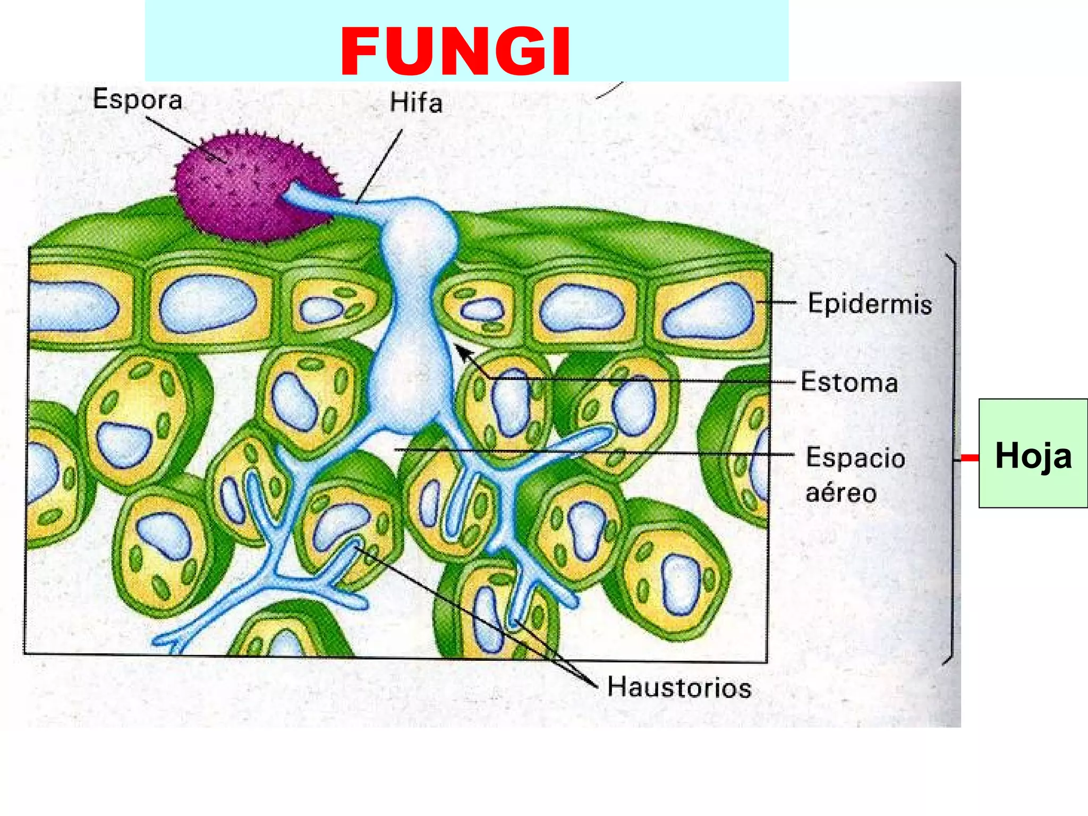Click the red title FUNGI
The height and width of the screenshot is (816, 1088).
point(455,52)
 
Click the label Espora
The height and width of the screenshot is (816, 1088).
point(138,99)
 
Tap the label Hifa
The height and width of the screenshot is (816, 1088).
point(416,103)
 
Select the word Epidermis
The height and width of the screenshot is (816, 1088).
point(870,304)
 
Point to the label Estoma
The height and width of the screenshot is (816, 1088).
point(849,382)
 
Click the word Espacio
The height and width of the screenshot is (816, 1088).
point(855,457)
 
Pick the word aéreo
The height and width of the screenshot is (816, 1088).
point(841,492)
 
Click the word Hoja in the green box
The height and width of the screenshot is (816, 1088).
point(1033,455)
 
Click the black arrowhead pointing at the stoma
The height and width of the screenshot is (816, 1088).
point(462,351)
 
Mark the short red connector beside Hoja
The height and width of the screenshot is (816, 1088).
point(970,458)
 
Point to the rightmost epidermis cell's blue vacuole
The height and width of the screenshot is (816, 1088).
point(709,311)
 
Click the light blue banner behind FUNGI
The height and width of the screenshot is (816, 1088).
point(691,42)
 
